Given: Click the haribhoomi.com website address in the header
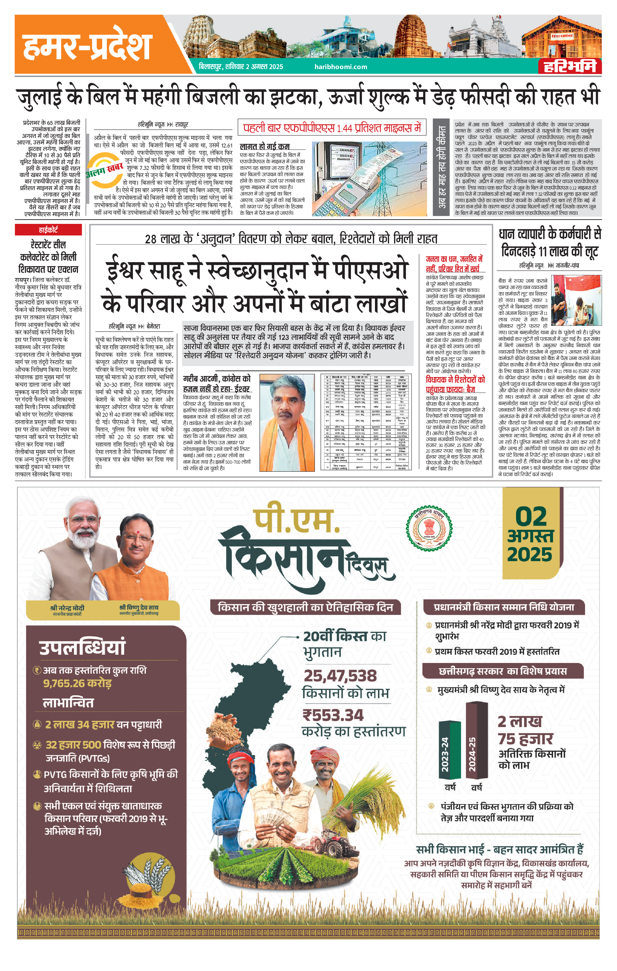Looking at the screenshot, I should coord(341,67).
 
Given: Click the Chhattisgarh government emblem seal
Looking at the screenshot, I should coord(429,527).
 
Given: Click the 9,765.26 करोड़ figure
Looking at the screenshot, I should coord(77,683).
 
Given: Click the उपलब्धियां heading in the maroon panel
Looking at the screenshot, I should coord(82,647).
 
